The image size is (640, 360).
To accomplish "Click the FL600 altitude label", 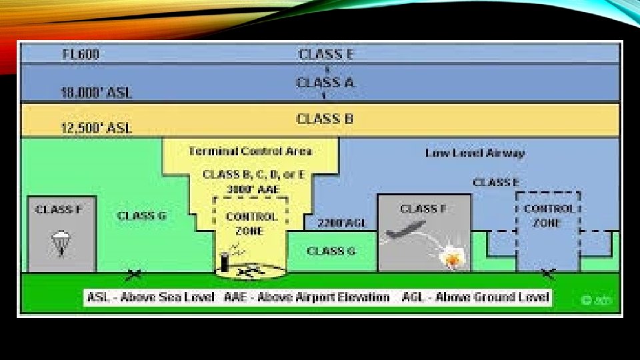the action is (x=81, y=55).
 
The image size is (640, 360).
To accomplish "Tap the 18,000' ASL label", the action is (x=97, y=93).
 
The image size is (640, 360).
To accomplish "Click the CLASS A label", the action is (x=325, y=83).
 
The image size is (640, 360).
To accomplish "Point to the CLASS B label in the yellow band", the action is (x=325, y=119).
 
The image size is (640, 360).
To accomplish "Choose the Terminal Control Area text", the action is (x=250, y=151).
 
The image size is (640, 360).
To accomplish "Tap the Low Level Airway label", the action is (x=475, y=153).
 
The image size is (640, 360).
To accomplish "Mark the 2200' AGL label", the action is (x=342, y=223).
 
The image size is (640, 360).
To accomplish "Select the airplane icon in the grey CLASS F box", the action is (x=405, y=229).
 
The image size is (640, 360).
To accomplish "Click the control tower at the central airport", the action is (x=225, y=261).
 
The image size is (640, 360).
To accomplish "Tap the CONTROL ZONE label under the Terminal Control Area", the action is (x=249, y=223).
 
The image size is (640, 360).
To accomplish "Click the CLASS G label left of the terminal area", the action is (x=141, y=216).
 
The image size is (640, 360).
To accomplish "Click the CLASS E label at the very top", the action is (x=325, y=54).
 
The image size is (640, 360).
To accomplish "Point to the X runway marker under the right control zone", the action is (x=549, y=273).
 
